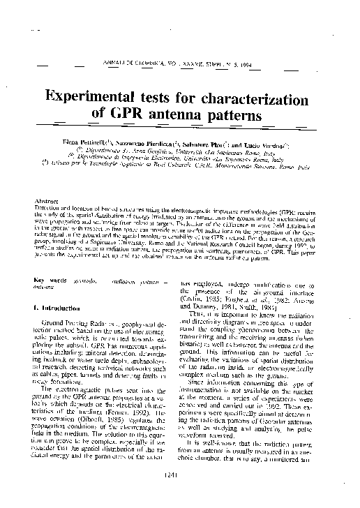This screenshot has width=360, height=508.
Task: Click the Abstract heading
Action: coord(45,200)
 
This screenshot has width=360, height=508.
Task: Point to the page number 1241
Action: coord(179,495)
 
